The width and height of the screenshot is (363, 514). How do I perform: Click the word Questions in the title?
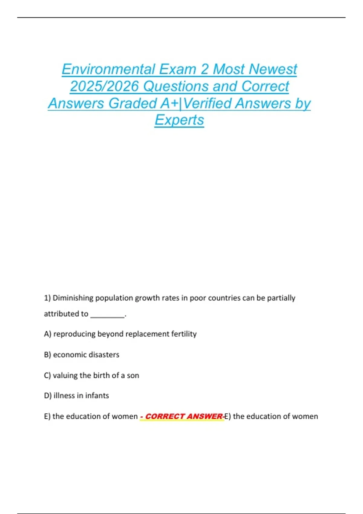175,86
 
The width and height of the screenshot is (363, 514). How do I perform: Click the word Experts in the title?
179,120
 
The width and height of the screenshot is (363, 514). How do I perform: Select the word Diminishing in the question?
73,298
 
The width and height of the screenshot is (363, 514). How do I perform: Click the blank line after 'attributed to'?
107,314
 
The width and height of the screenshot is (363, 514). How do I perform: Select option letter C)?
47,376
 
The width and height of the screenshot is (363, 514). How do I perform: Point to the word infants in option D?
97,396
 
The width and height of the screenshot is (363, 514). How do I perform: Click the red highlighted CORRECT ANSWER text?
183,417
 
